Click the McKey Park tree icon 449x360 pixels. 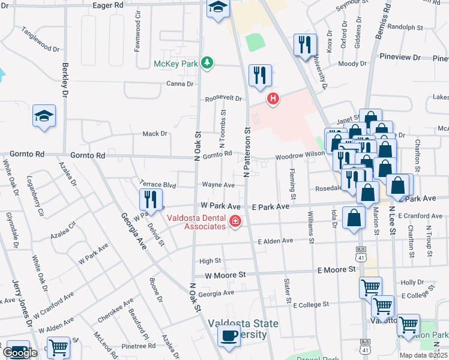(x=207, y=63)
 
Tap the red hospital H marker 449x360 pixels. (x=273, y=98)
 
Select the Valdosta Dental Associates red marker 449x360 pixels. (x=235, y=223)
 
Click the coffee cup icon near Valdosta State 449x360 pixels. (x=228, y=336)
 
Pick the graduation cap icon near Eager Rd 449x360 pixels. (x=218, y=8)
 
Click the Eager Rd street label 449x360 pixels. (x=109, y=5)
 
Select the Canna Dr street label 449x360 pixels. (x=179, y=84)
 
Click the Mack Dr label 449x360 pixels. (x=155, y=134)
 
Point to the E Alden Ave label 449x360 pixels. (x=275, y=241)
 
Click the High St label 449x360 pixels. (x=210, y=261)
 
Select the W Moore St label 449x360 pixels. (x=226, y=275)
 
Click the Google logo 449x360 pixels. (x=20, y=353)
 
